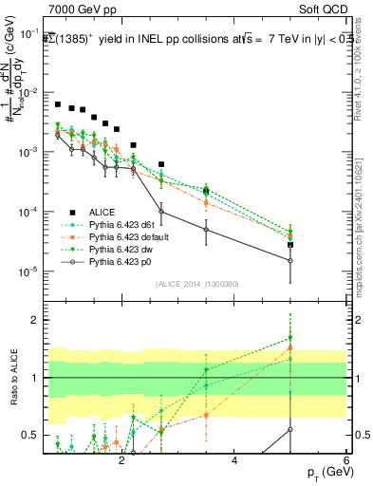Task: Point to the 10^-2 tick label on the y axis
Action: pos(32,93)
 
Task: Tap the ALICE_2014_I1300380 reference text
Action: pos(196,284)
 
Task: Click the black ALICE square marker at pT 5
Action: pos(290,245)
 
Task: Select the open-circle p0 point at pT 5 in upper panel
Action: pos(290,260)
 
